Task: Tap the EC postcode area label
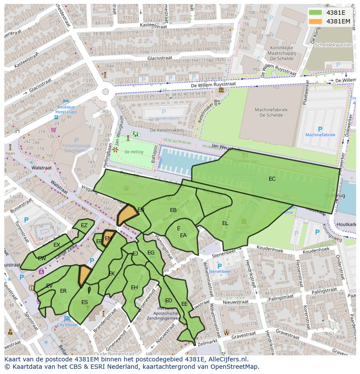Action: tap(272, 179)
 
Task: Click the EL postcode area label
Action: tap(225, 223)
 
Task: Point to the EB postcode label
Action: tap(173, 210)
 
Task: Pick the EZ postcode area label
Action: tap(84, 225)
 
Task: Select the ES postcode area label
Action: tap(84, 302)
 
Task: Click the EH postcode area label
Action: tap(134, 288)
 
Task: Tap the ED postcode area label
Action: tap(169, 301)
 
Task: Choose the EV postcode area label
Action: tap(49, 285)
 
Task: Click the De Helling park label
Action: tap(133, 152)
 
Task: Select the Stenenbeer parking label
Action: tap(220, 271)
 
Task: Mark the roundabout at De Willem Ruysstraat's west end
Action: tap(105, 92)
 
